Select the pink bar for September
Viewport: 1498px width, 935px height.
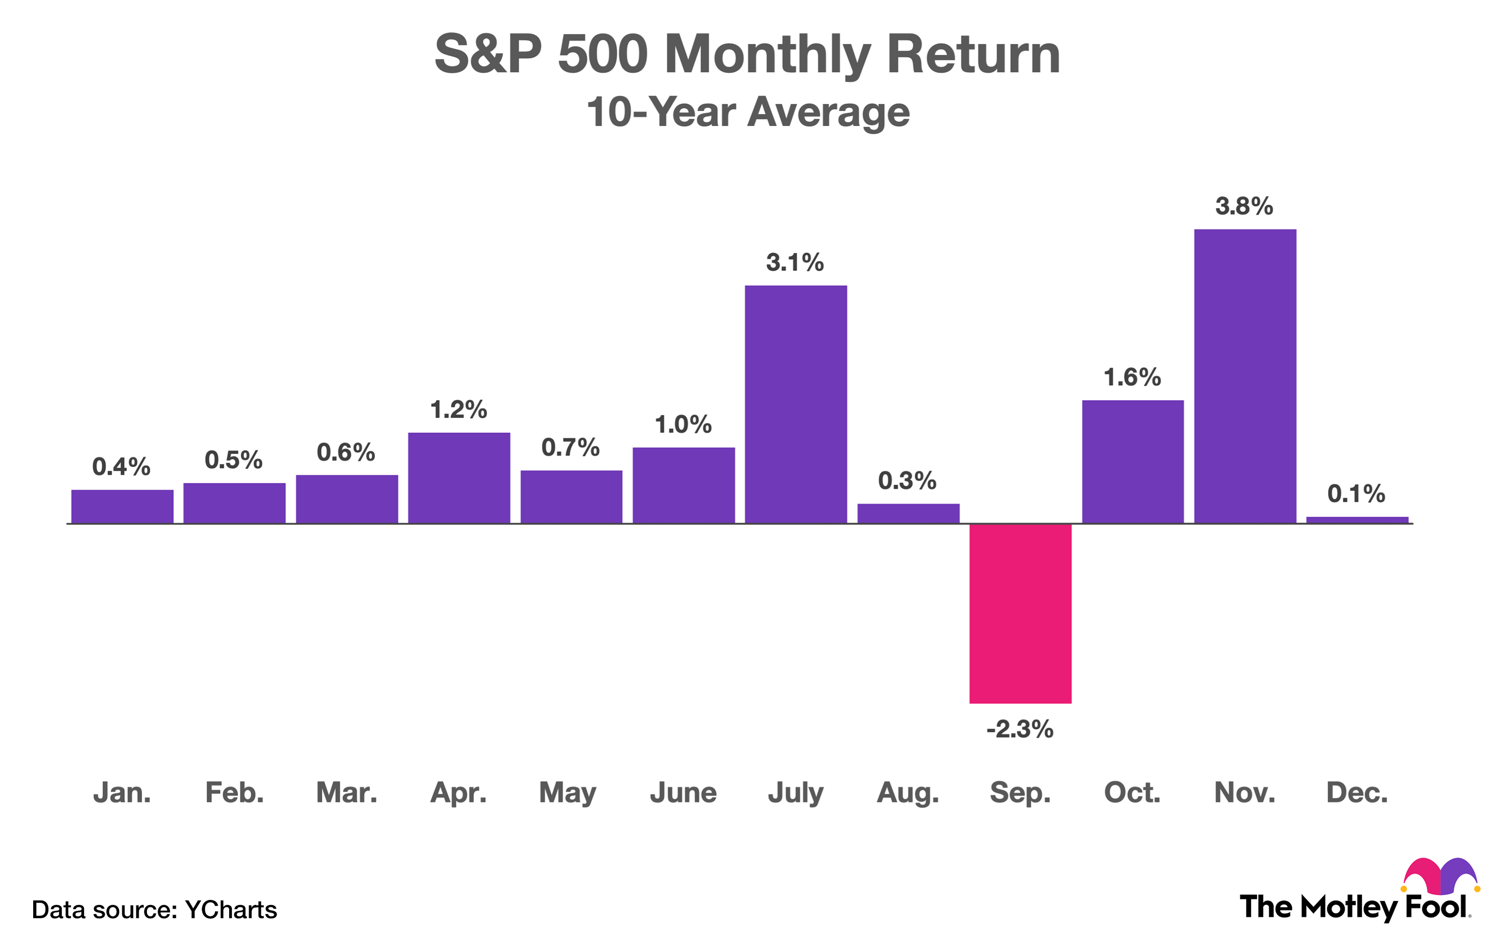[1020, 613]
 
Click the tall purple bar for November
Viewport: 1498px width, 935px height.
[1245, 376]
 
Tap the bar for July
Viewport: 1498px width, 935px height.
[796, 404]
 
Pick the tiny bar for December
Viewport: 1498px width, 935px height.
[1357, 520]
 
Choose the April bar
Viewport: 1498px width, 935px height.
[459, 477]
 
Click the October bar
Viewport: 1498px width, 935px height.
[1133, 461]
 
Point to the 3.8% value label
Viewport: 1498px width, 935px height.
[1244, 207]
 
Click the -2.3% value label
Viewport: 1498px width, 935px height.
[1020, 730]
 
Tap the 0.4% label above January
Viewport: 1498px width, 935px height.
[121, 467]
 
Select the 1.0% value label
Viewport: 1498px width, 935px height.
[683, 425]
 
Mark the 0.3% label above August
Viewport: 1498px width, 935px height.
[907, 481]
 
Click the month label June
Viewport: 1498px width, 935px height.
[683, 793]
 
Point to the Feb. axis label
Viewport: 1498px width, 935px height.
[234, 793]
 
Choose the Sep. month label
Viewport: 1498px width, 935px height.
[1020, 793]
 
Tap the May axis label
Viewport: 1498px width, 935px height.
[568, 793]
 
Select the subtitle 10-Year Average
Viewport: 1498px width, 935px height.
[748, 113]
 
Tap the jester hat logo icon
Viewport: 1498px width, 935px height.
[1440, 876]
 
